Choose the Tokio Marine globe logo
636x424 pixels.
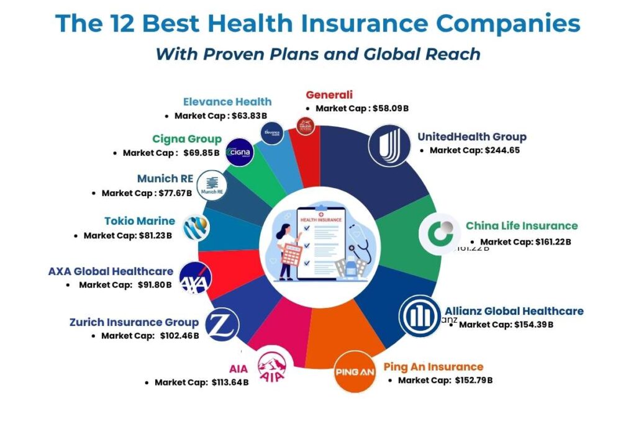pos(196,228)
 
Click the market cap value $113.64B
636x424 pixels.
pos(228,382)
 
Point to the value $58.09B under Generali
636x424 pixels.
pos(390,108)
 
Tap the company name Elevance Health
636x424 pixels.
pos(227,102)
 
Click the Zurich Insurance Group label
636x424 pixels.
pos(134,322)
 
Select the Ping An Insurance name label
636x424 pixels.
pos(433,366)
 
